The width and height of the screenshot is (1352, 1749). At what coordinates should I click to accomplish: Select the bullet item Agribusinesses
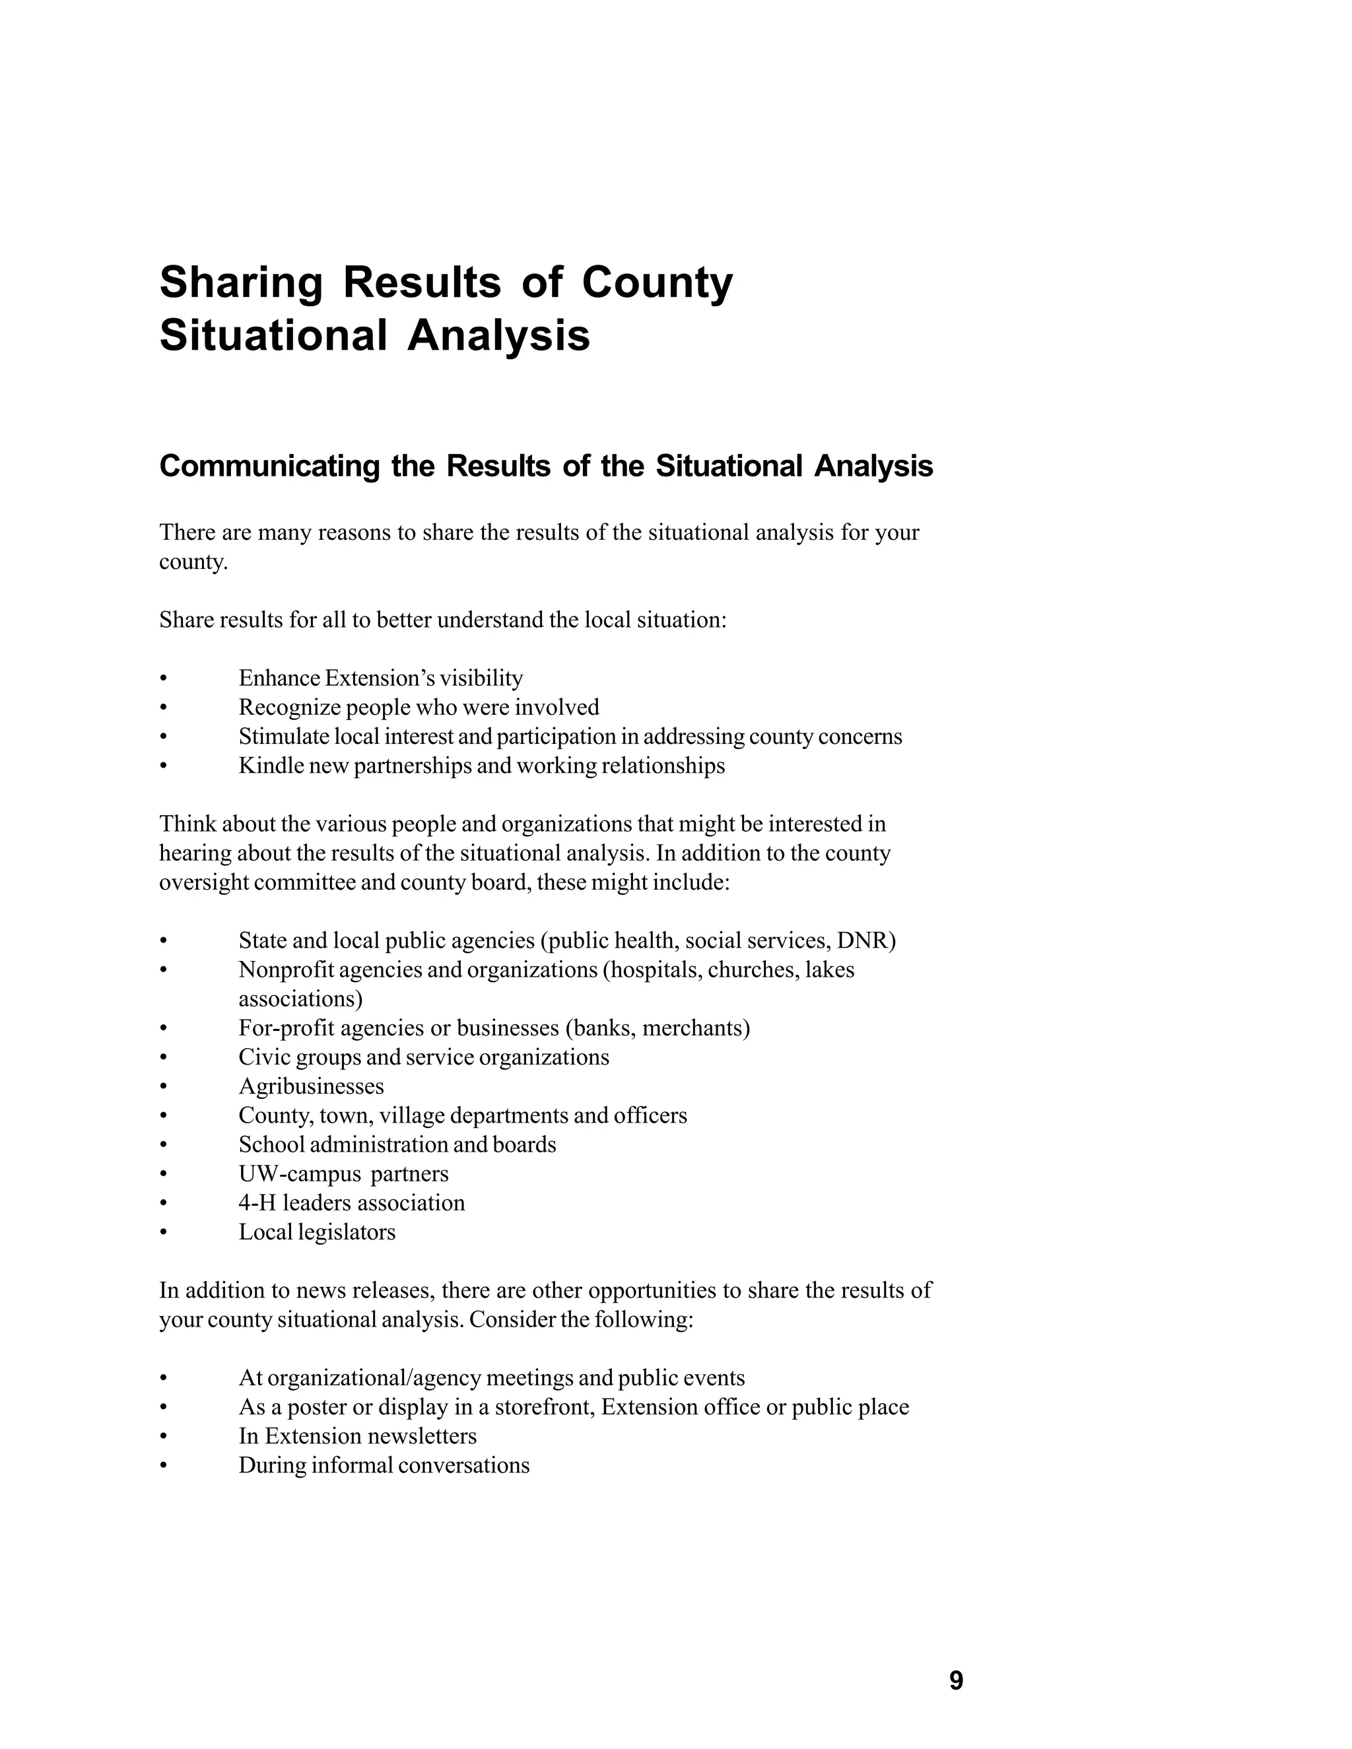click(311, 1087)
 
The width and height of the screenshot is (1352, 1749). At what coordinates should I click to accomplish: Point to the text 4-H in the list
click(256, 1203)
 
